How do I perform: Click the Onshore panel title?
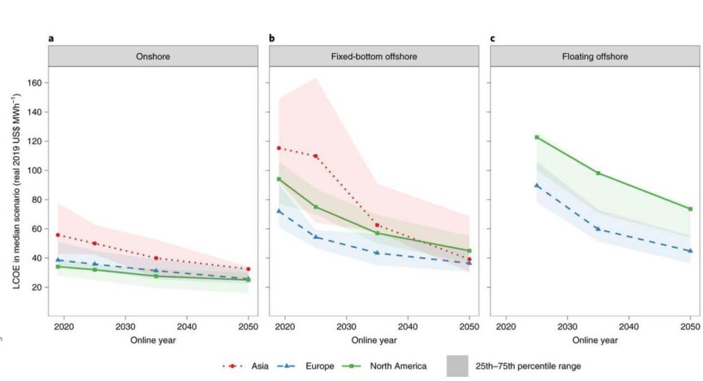pyautogui.click(x=152, y=56)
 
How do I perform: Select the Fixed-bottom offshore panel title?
pyautogui.click(x=373, y=56)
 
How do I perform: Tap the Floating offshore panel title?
pyautogui.click(x=595, y=56)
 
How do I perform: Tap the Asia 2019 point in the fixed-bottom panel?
pyautogui.click(x=279, y=148)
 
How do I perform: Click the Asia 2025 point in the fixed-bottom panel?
pyautogui.click(x=316, y=156)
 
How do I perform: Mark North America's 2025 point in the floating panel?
pyautogui.click(x=537, y=137)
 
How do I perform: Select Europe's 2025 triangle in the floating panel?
pyautogui.click(x=537, y=185)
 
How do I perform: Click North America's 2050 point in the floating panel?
pyautogui.click(x=690, y=209)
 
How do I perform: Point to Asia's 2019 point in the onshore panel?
pyautogui.click(x=58, y=235)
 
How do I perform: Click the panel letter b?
pyautogui.click(x=272, y=38)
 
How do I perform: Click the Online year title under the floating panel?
pyautogui.click(x=595, y=340)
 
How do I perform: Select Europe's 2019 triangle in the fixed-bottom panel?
pyautogui.click(x=279, y=211)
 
